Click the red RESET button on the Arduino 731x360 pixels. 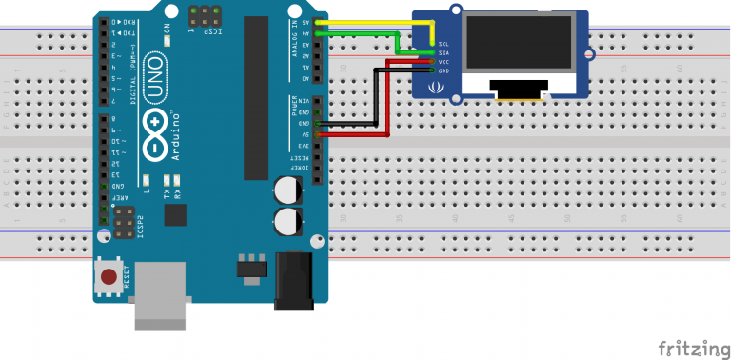point(109,278)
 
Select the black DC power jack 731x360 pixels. point(293,281)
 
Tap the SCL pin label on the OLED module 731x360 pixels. point(444,44)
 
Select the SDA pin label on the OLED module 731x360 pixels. point(444,53)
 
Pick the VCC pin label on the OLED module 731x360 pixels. point(444,62)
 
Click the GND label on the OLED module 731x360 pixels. point(444,70)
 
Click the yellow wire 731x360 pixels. point(371,21)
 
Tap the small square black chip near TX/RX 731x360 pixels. point(174,215)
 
